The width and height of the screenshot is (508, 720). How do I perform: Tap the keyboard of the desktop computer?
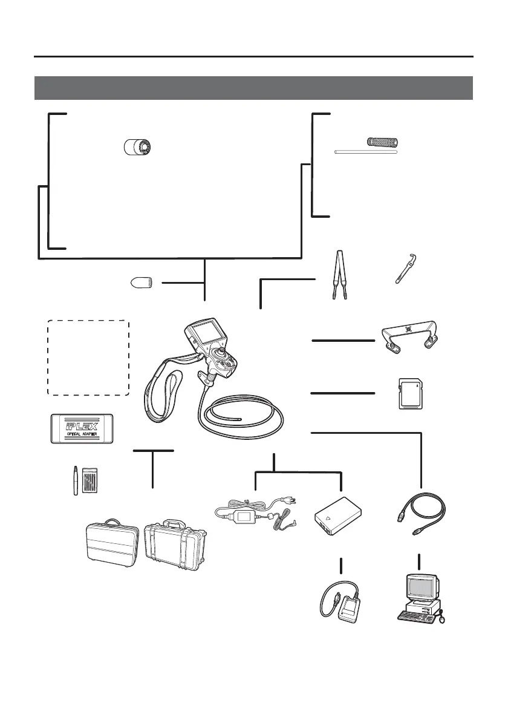(x=416, y=615)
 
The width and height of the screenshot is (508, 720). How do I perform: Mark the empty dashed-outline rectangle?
(x=88, y=358)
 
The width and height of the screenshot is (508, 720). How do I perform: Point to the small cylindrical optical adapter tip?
(x=138, y=147)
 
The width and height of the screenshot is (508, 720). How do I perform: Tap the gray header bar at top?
(x=253, y=88)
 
